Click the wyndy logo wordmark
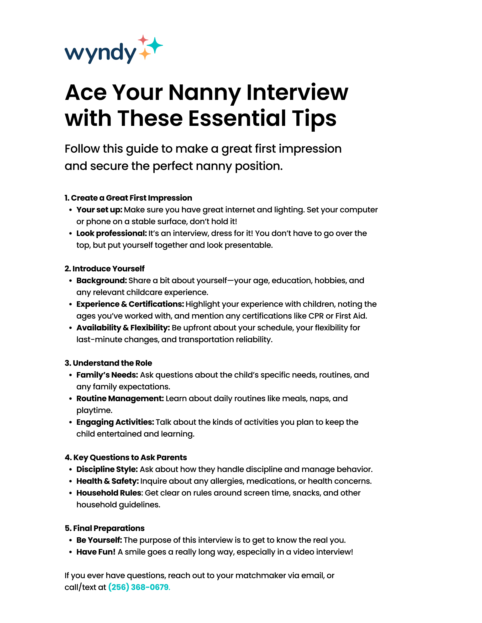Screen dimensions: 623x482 tap(100, 53)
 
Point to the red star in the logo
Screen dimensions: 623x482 tap(143, 40)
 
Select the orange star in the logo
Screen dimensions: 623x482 tap(145, 54)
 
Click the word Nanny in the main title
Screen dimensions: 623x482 tap(205, 93)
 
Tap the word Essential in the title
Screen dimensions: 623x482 tap(237, 118)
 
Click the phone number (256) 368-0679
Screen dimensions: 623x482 tap(139, 587)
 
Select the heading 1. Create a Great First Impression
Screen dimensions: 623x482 tap(128, 198)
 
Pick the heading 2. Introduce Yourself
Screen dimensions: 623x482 tap(104, 268)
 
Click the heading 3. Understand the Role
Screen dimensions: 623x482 tap(108, 363)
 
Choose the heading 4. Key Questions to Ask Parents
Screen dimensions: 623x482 tap(126, 457)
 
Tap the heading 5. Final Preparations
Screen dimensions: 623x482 tap(104, 528)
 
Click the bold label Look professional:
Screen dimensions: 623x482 tap(111, 233)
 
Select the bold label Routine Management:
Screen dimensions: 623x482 tap(120, 398)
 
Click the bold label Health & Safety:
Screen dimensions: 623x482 tap(107, 481)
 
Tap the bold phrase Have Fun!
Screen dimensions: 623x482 tap(96, 552)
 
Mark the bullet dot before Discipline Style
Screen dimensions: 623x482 tap(71, 469)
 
